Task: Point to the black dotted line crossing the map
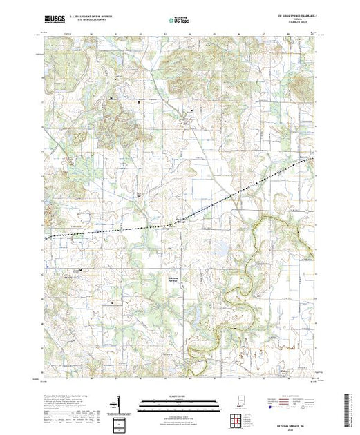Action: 138,226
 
